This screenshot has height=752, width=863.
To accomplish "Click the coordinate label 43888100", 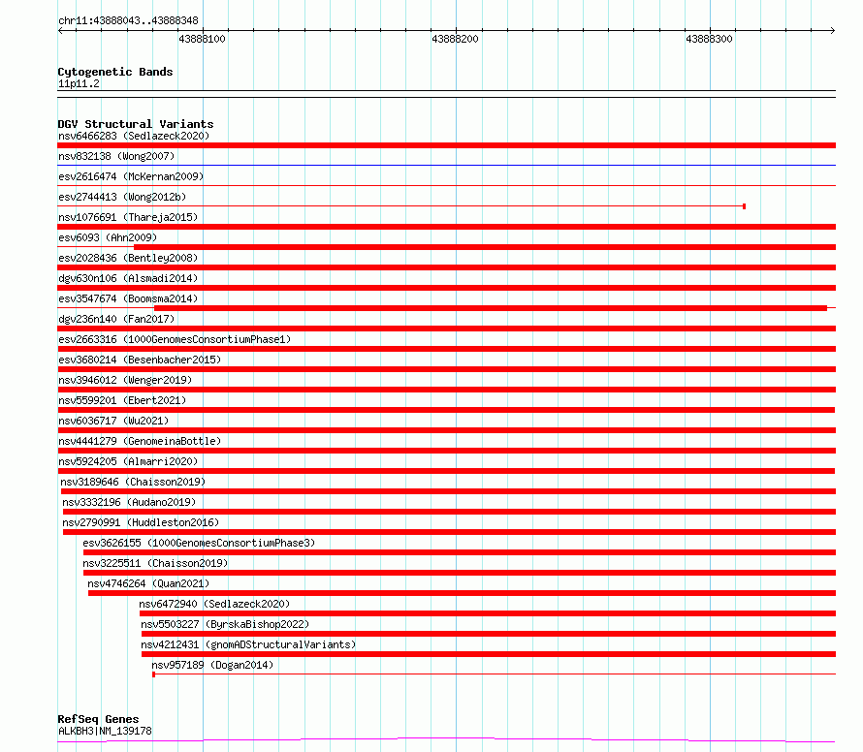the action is click(202, 39).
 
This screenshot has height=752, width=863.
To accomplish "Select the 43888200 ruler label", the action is click(455, 39).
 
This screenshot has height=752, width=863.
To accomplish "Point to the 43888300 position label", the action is click(709, 39).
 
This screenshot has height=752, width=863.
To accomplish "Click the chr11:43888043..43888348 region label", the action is click(128, 20).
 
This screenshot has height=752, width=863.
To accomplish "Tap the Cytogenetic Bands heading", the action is click(115, 72).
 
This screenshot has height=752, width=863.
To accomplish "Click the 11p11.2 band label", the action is click(79, 83).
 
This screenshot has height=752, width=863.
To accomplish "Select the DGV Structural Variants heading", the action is click(136, 124).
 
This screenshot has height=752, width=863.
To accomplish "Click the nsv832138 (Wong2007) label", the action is click(116, 156).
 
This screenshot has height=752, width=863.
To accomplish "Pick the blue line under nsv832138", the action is click(446, 165).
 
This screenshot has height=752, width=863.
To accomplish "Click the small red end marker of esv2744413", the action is click(744, 206).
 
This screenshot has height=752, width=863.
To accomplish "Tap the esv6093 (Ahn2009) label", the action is click(108, 237).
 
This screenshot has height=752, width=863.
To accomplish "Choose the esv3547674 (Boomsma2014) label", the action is click(128, 298).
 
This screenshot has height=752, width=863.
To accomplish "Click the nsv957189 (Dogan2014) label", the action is click(212, 665).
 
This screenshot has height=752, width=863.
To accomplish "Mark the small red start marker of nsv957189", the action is click(153, 674).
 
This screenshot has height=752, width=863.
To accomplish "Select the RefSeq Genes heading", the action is click(98, 719).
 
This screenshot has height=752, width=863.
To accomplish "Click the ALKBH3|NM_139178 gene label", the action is click(105, 731).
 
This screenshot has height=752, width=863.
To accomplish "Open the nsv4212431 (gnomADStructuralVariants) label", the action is click(248, 644).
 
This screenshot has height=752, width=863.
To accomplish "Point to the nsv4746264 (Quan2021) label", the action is click(148, 583).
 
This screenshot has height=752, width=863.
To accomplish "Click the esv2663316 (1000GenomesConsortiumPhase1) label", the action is click(175, 339).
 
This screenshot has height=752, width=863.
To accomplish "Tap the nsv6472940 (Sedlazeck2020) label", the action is click(214, 604).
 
